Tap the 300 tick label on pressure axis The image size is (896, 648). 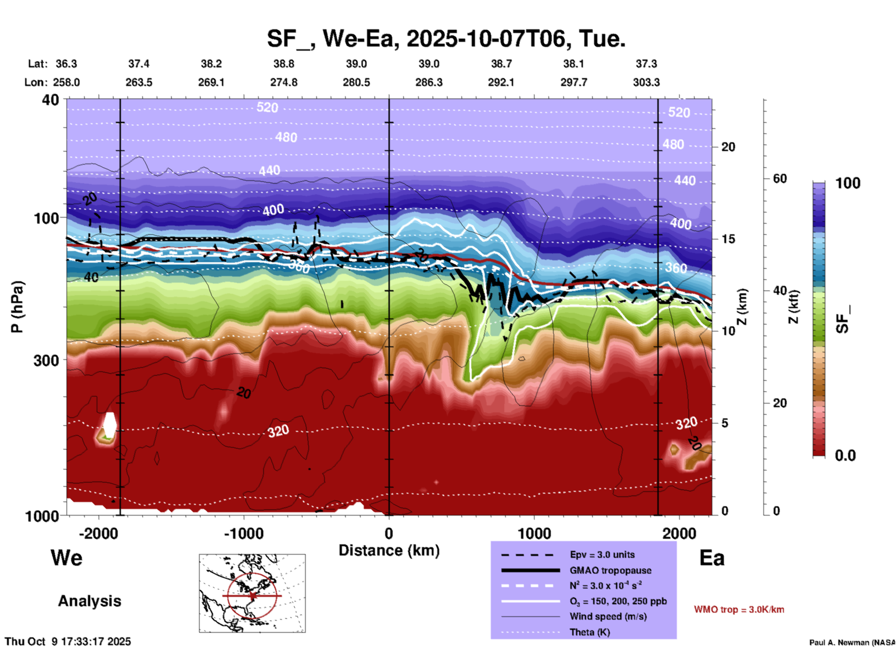(x=47, y=360)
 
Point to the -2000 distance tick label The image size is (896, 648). (x=98, y=533)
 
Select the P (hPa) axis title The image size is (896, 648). (x=17, y=307)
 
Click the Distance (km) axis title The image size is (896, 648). (x=389, y=550)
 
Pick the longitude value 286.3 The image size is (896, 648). (x=428, y=82)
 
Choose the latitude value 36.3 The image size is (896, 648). (x=66, y=64)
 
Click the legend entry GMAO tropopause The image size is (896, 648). (x=610, y=570)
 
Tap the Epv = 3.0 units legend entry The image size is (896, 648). (x=602, y=555)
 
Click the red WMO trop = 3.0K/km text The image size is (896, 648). (x=739, y=609)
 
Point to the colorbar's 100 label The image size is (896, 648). (x=848, y=183)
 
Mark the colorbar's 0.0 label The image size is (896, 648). (x=845, y=455)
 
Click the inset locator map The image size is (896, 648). (x=252, y=593)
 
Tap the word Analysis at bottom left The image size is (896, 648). (x=89, y=601)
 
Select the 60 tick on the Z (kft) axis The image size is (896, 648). (x=780, y=179)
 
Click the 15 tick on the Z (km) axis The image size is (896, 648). (x=728, y=239)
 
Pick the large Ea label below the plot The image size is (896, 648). (x=712, y=558)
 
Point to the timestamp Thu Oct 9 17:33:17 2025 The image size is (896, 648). (x=68, y=641)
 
